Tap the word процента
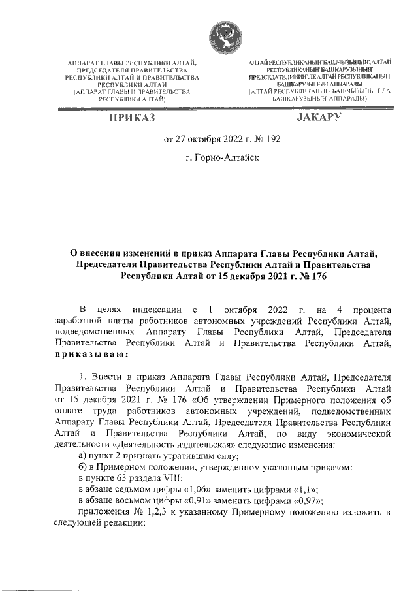[x=366, y=308]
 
